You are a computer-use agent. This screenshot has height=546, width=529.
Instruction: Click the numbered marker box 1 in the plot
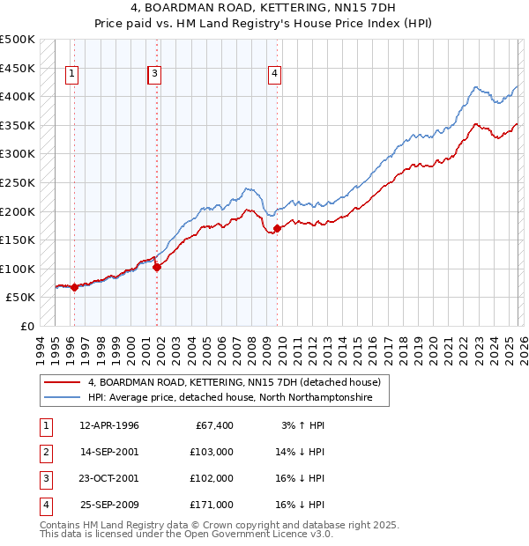pyautogui.click(x=71, y=74)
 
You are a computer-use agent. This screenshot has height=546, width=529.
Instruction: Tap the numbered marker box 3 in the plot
pyautogui.click(x=154, y=74)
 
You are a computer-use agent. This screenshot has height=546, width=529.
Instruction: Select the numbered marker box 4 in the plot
pyautogui.click(x=275, y=74)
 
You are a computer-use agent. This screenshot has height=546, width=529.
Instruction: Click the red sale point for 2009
pyautogui.click(x=277, y=228)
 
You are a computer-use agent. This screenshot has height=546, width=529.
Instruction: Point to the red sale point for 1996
pyautogui.click(x=74, y=287)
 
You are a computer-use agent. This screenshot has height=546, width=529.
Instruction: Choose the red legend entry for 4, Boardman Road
pyautogui.click(x=234, y=382)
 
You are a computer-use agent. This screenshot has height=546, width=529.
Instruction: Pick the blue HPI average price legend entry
pyautogui.click(x=230, y=398)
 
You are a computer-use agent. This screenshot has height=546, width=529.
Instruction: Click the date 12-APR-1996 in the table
pyautogui.click(x=109, y=425)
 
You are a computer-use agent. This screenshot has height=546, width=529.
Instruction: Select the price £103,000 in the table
pyautogui.click(x=212, y=452)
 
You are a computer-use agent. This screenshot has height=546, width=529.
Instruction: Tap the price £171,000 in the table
pyautogui.click(x=212, y=505)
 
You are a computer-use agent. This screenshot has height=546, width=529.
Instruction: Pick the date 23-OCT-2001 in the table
pyautogui.click(x=109, y=478)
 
